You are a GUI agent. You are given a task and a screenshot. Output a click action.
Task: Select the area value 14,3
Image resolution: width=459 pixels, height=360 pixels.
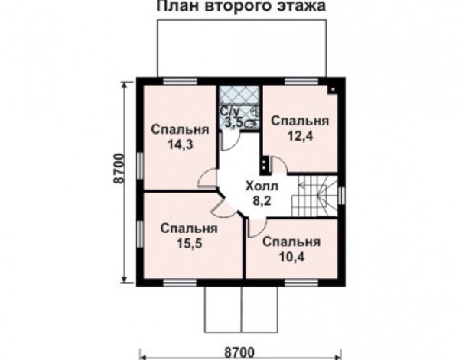(181, 144)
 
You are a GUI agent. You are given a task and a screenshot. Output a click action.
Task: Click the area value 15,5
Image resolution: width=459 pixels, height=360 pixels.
(189, 243)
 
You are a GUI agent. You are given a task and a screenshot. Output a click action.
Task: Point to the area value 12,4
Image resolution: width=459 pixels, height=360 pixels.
(300, 136)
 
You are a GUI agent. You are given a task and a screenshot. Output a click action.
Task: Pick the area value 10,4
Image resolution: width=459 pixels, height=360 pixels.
(291, 257)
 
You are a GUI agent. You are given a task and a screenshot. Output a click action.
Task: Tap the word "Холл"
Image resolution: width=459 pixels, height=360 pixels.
(262, 186)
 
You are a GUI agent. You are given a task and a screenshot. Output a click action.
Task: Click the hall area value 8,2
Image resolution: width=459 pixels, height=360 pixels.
(262, 201)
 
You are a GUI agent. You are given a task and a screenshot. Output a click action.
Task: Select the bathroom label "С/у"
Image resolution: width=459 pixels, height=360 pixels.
(229, 111)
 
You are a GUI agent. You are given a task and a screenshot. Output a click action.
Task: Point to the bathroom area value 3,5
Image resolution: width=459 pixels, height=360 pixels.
(233, 122)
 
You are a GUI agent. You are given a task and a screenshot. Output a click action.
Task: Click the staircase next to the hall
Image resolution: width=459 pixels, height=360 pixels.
(314, 196)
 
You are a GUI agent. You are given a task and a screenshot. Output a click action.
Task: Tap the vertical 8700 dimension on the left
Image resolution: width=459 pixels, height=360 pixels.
(119, 168)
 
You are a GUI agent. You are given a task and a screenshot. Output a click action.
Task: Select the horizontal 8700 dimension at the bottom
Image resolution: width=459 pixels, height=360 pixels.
(239, 352)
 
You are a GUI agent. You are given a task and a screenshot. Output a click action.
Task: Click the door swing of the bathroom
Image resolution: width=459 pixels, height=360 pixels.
(229, 142)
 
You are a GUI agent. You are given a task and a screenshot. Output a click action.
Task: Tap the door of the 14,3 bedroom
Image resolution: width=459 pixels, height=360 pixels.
(207, 178)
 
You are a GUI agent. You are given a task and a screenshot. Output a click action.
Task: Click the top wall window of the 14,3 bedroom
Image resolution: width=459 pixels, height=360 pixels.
(180, 81)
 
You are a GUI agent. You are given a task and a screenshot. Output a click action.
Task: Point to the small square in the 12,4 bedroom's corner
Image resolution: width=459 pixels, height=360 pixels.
(333, 89)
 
